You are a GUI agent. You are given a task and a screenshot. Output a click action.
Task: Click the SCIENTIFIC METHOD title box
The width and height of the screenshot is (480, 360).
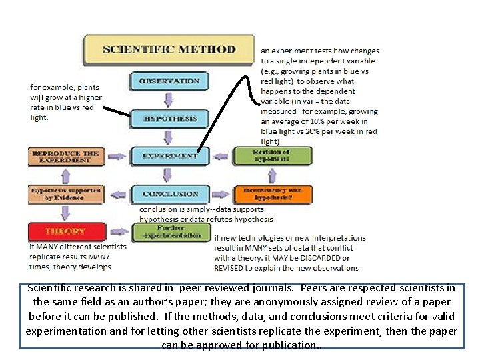tap(169, 49)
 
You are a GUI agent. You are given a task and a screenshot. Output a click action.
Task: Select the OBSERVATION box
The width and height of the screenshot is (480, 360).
tap(169, 81)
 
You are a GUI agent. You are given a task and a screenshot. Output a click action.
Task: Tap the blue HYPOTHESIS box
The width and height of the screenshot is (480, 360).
tap(169, 119)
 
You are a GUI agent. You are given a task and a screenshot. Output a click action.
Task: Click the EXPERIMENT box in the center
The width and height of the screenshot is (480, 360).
tap(170, 156)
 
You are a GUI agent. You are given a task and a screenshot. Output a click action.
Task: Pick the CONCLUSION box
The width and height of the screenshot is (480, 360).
tap(170, 194)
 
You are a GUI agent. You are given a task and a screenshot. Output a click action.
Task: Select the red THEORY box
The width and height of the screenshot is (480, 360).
tap(65, 231)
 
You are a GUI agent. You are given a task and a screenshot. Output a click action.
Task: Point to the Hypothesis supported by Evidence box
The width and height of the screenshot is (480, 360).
tap(65, 193)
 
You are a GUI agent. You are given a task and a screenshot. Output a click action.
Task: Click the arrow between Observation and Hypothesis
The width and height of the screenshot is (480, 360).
tap(169, 99)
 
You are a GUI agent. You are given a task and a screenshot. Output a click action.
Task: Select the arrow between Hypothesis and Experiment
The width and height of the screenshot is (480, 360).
tap(169, 137)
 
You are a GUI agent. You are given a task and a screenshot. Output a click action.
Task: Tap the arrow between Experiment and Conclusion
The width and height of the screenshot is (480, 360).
tap(169, 175)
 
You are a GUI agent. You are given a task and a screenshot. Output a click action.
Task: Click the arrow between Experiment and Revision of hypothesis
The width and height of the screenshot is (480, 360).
tap(217, 156)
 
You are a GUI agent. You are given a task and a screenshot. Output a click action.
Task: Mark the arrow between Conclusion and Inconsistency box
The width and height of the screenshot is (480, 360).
tap(217, 194)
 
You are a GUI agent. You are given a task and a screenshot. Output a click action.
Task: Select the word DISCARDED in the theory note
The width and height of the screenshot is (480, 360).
tap(322, 258)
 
